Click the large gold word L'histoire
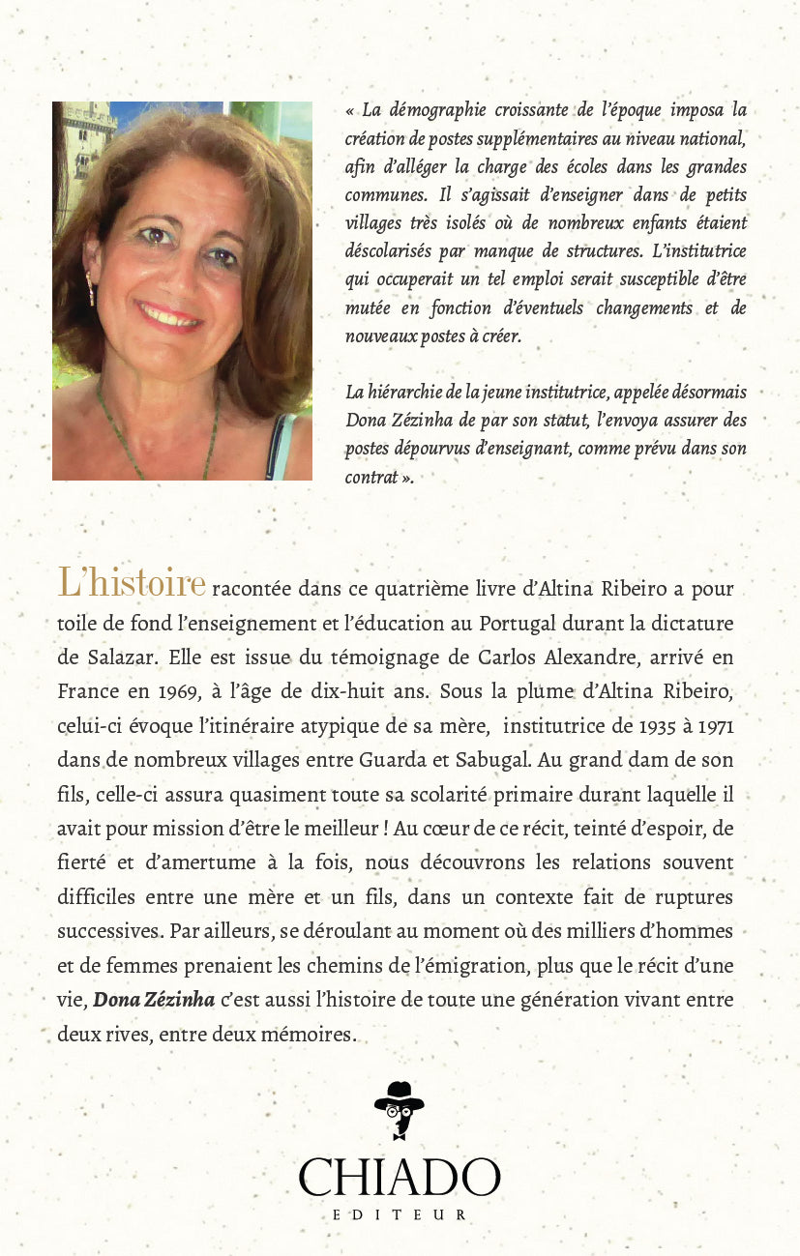[132, 583]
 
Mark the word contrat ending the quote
[371, 477]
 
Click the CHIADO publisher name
[399, 1178]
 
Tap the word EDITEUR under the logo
[399, 1214]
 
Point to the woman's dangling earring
[91, 288]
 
